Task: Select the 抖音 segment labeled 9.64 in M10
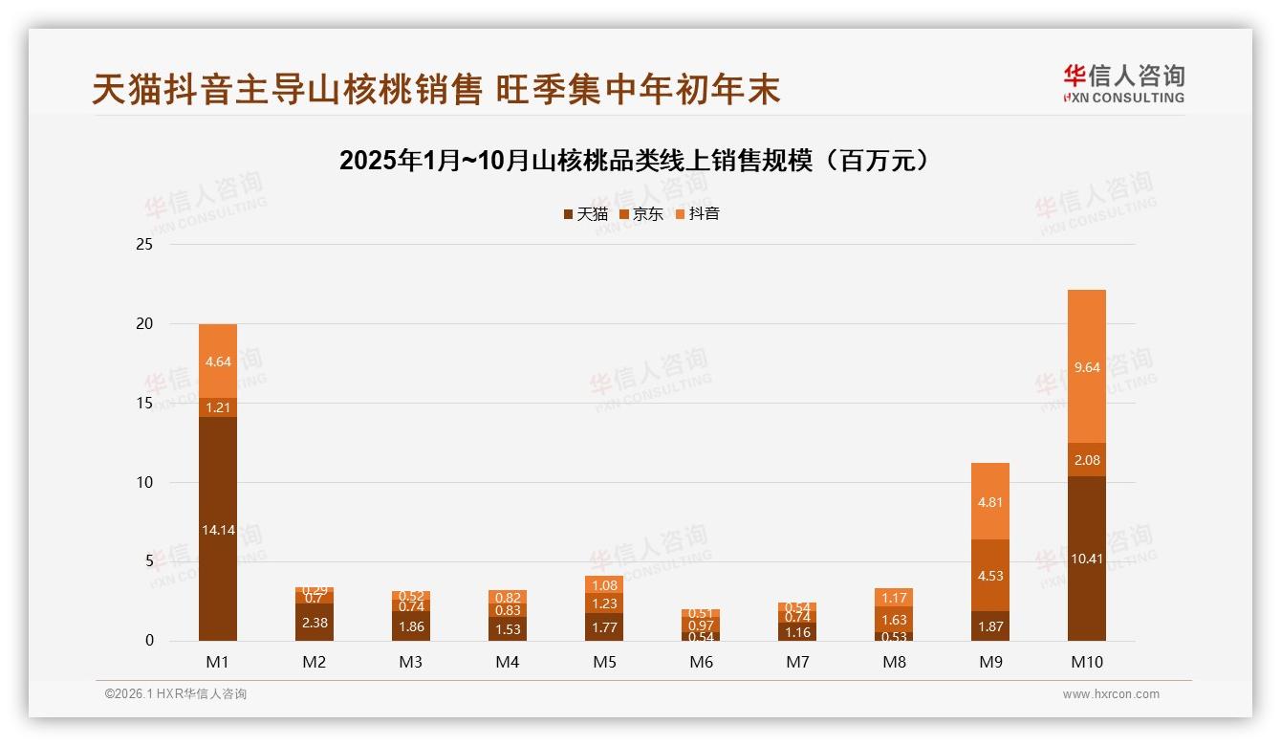pos(1087,366)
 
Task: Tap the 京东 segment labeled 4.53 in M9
pos(990,576)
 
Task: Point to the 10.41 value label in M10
pos(1087,559)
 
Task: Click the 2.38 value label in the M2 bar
pos(315,622)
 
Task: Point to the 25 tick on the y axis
pos(144,245)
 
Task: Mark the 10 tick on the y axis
pos(144,482)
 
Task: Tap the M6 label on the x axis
pos(701,662)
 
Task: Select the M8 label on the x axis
pos(894,662)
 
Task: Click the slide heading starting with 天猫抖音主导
pos(436,89)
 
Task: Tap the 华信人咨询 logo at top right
pos(1123,83)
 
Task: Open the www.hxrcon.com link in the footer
pos(1111,694)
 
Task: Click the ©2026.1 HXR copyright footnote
pos(176,694)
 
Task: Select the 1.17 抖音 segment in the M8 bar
pos(894,598)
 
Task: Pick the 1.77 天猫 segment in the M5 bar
pos(604,627)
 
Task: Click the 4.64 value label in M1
pos(218,362)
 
